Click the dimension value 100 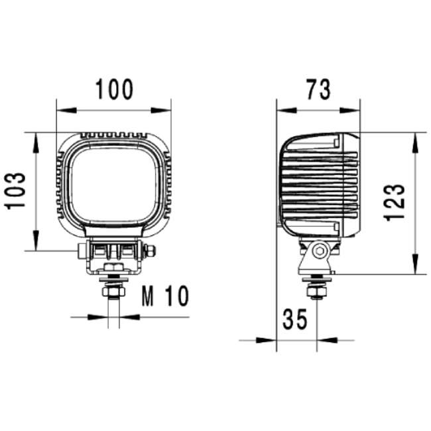coord(114,89)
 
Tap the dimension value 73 coord(318,89)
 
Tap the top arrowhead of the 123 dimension coord(415,137)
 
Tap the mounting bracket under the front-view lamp coord(113,255)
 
